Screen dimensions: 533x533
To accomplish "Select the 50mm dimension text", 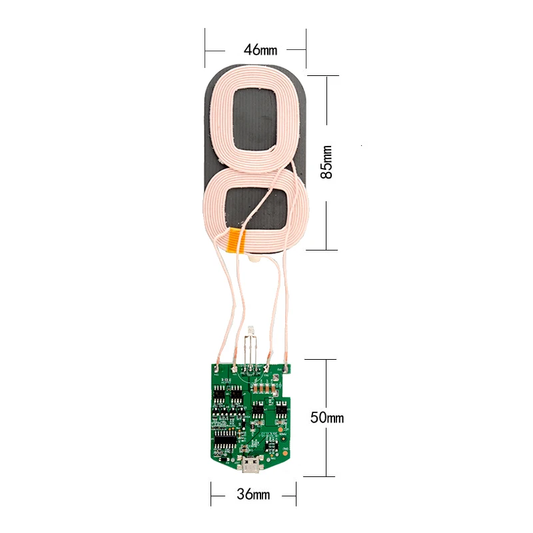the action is point(326,418).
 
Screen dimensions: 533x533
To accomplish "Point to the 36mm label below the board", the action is point(254,494).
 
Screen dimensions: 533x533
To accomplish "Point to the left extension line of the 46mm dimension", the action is point(205,48).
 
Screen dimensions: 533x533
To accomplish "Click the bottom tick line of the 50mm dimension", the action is point(326,476).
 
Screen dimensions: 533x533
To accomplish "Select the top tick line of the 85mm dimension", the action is point(326,75).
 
